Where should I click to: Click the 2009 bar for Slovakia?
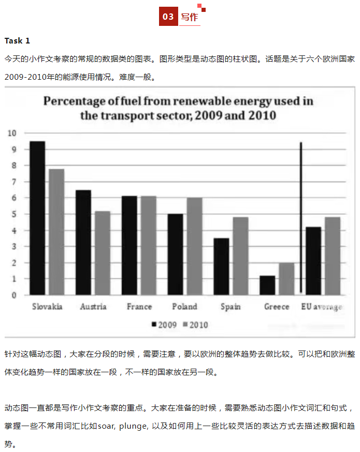tap(37, 218)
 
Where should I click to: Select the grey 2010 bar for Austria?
tap(102, 253)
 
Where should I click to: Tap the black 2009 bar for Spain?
tap(221, 266)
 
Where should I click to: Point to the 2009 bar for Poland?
tap(176, 254)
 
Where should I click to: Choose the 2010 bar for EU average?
tap(332, 256)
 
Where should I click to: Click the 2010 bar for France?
tap(148, 245)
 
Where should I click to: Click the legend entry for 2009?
tap(165, 325)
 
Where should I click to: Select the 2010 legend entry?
tap(197, 325)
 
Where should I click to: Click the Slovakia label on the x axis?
tap(47, 307)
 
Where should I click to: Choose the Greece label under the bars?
tap(277, 307)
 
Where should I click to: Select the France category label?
tap(139, 307)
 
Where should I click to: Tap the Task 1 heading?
tap(17, 40)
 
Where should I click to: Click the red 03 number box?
tap(168, 17)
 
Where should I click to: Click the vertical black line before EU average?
tap(301, 217)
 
